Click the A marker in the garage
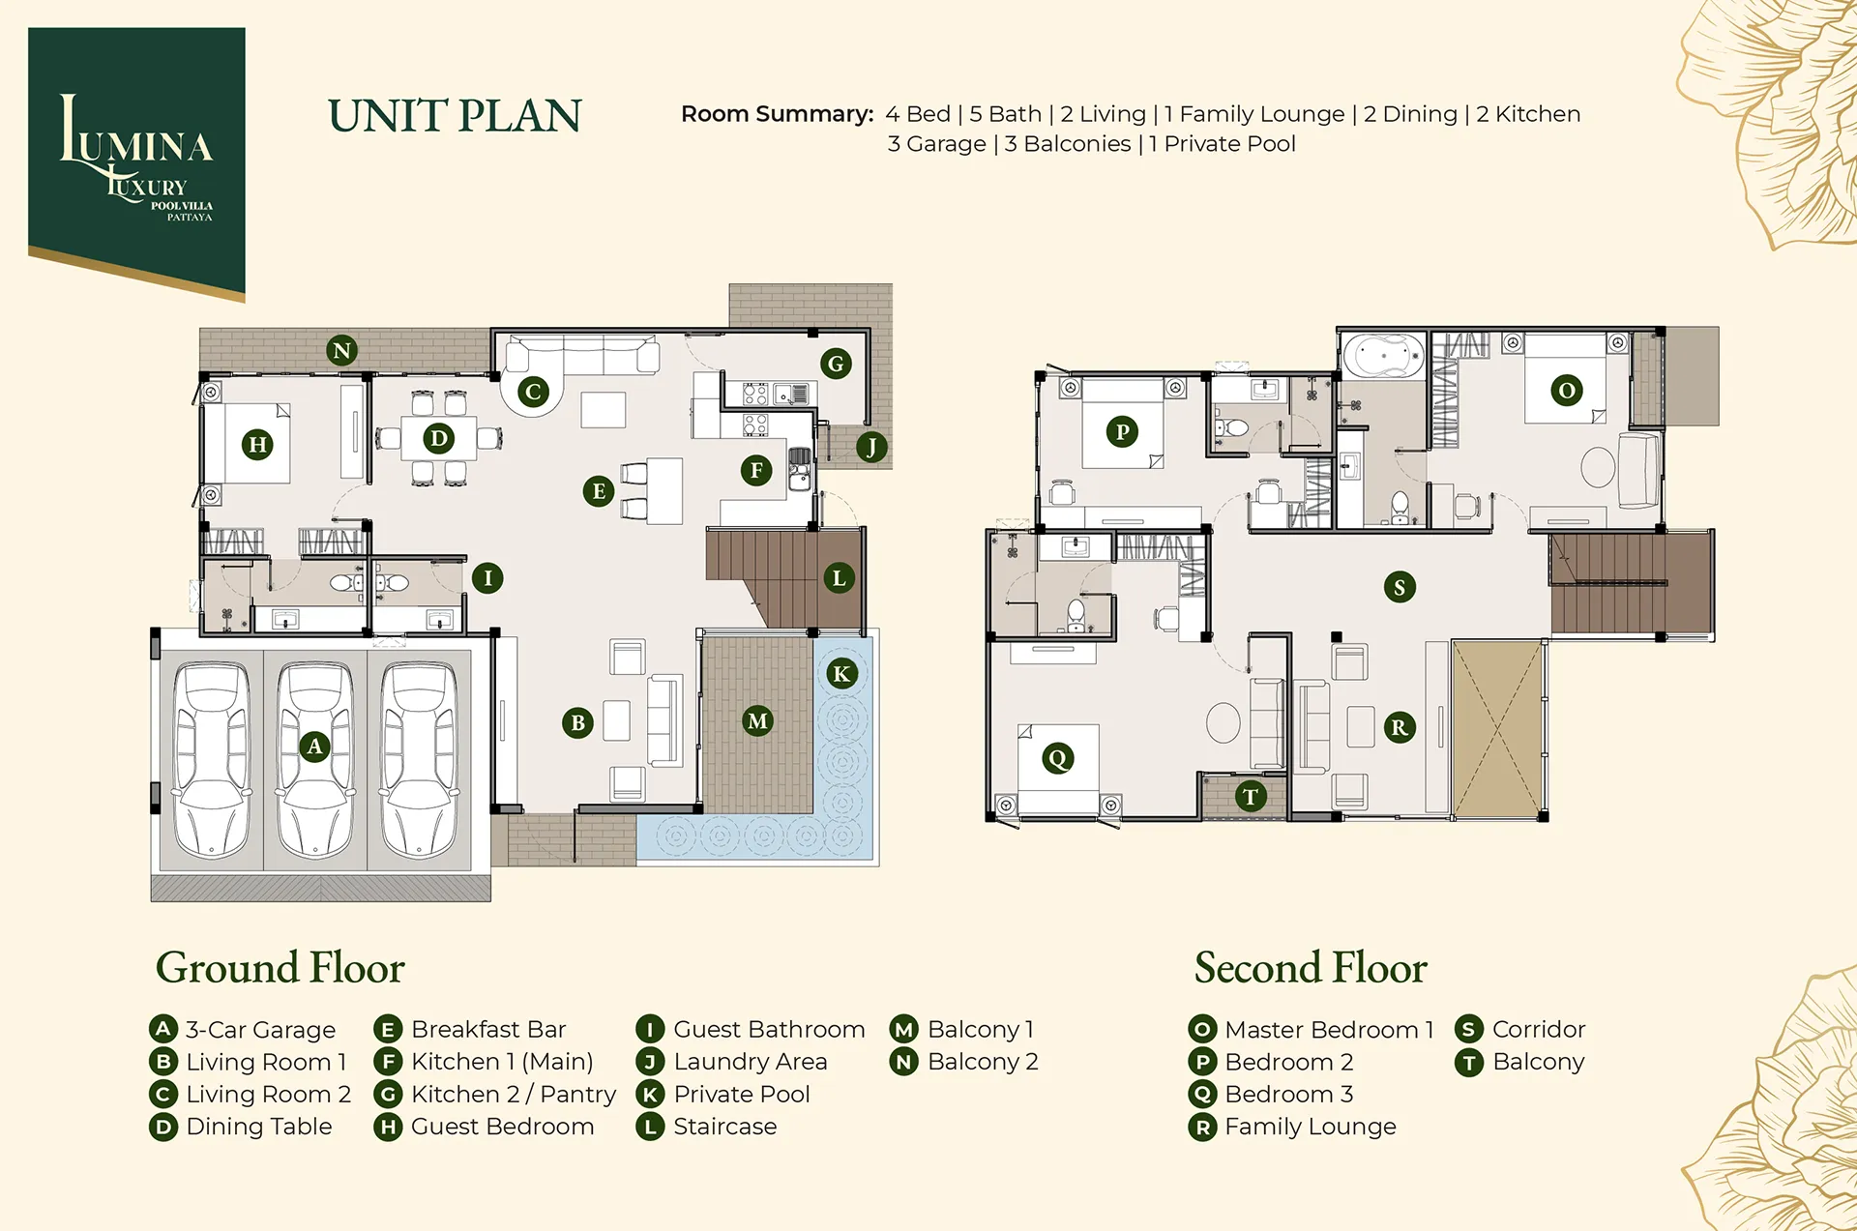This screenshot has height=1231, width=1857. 314,747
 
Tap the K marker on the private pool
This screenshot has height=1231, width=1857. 841,674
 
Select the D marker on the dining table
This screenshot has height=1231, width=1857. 439,439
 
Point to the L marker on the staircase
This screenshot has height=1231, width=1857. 839,578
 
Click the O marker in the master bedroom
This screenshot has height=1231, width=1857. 1567,391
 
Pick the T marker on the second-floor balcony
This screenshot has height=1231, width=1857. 1251,796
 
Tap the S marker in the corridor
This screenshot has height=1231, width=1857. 1400,587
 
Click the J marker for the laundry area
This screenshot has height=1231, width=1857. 871,447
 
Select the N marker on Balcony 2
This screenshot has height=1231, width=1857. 341,350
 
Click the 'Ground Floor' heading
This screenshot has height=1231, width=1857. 280,968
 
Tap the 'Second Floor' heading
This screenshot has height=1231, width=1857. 1311,968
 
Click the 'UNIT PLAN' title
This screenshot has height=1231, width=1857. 455,116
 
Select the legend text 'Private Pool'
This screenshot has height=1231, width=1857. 742,1094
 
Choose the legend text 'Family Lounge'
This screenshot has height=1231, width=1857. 1311,1127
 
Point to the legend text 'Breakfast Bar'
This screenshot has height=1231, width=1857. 488,1029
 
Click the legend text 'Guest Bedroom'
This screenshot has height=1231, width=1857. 503,1127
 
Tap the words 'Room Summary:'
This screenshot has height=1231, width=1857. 778,114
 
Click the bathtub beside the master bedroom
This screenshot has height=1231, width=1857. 1383,357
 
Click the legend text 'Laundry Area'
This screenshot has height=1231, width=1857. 751,1062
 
